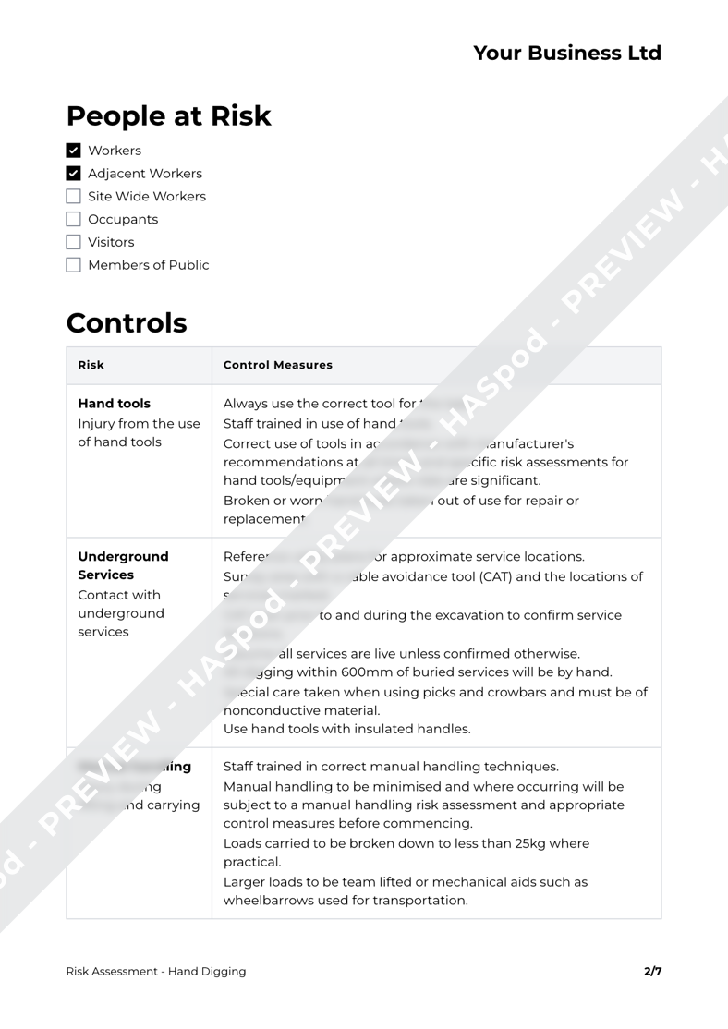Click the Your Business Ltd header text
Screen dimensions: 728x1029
click(x=567, y=54)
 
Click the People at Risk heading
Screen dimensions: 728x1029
click(x=168, y=116)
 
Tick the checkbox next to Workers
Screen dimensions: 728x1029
click(x=74, y=151)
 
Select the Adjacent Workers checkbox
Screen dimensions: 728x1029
click(x=74, y=174)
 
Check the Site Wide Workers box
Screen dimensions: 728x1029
click(x=74, y=197)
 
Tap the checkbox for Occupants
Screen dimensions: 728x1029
click(x=74, y=220)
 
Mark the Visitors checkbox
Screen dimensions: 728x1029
click(x=74, y=243)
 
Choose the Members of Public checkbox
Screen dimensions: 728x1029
click(x=74, y=266)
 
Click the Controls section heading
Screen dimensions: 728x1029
click(x=127, y=324)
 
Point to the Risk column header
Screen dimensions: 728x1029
click(x=91, y=365)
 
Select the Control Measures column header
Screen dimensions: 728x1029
click(x=278, y=365)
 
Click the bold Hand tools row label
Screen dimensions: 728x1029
click(x=115, y=404)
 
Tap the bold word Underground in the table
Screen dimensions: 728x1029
click(x=124, y=557)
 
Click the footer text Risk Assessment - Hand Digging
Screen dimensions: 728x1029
click(x=156, y=971)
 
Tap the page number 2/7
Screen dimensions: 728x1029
click(x=652, y=971)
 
